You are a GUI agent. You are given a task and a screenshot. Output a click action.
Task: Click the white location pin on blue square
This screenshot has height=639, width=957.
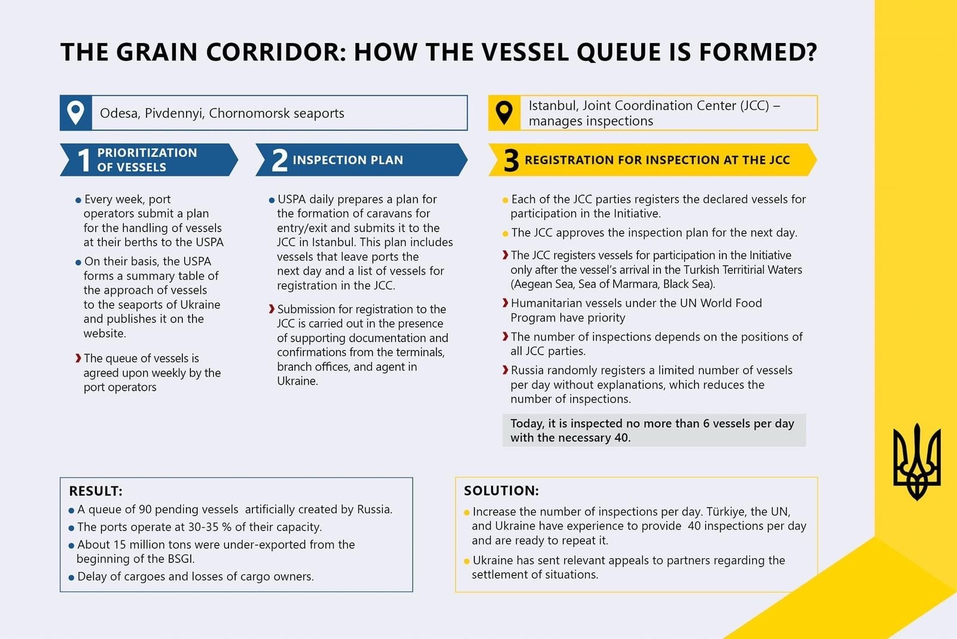point(76,112)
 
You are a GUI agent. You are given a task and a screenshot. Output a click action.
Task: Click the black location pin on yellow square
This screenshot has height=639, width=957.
point(504,112)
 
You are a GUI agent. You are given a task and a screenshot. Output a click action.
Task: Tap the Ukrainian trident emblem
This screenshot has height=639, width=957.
point(916,462)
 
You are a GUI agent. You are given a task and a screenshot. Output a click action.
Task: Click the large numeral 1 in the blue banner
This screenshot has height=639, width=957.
point(84,160)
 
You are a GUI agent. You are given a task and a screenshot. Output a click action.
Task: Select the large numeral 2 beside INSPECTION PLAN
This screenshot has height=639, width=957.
point(279,160)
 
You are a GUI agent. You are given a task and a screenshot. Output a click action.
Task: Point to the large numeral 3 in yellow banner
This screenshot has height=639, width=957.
point(511,160)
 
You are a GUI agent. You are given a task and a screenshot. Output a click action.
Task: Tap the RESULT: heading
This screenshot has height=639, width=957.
point(96,491)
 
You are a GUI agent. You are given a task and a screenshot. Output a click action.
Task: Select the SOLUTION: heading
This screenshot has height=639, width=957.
point(501,491)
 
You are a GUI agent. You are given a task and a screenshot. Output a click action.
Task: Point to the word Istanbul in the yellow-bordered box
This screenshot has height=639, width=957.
point(553,106)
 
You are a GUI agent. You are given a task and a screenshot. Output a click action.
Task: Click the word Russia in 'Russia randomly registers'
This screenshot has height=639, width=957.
point(528,370)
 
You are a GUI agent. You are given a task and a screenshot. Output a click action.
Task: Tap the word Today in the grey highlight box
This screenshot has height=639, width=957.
point(527,424)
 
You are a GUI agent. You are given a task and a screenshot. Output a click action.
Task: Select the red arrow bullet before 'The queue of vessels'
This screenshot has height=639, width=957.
point(78,358)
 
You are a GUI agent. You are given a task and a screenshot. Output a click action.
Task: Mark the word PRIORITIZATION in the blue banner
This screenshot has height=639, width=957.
point(147,153)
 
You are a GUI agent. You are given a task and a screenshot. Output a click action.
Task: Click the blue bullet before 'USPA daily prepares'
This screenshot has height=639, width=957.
point(272,200)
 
